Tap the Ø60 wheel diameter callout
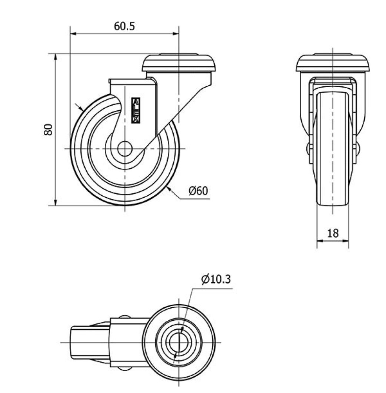(198, 191)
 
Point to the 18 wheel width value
(333, 233)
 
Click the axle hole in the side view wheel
(125, 149)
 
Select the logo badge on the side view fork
(136, 110)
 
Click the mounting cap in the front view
(333, 63)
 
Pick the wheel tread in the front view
(333, 148)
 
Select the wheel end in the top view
(90, 342)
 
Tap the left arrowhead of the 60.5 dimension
(73, 33)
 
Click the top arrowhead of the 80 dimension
(56, 56)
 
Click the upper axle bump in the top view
(124, 317)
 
